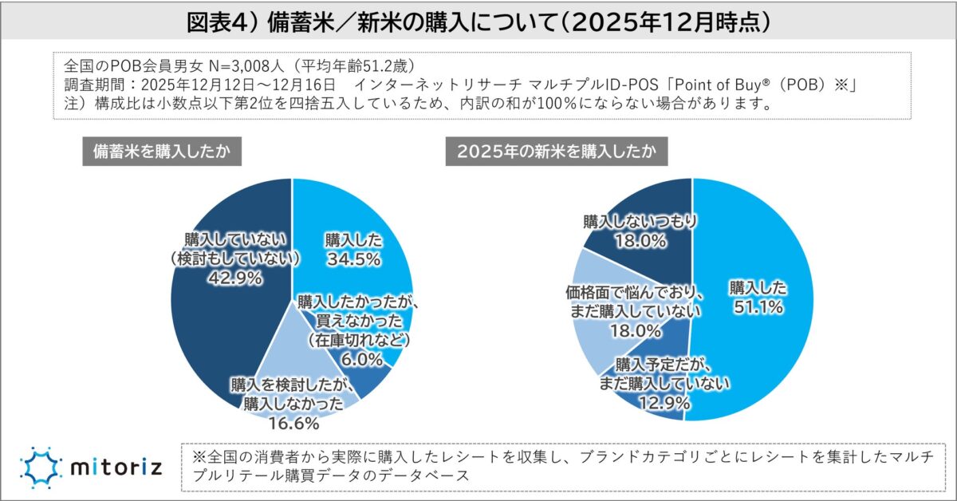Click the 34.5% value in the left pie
pyautogui.click(x=352, y=258)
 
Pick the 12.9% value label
pyautogui.click(x=664, y=404)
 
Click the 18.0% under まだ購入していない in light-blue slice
pyautogui.click(x=636, y=330)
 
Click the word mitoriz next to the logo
pyautogui.click(x=116, y=466)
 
